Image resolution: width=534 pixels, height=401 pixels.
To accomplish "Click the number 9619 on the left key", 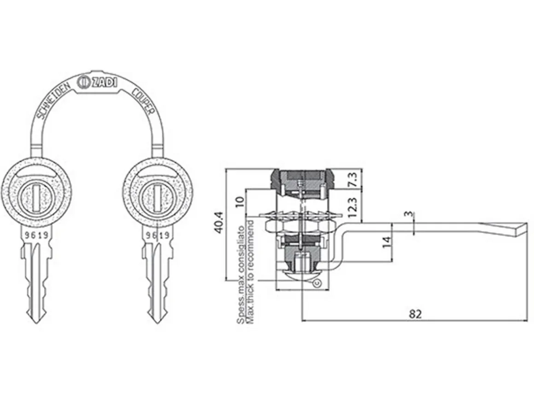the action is pyautogui.click(x=36, y=235).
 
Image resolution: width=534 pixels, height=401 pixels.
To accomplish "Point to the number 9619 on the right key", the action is pyautogui.click(x=157, y=235).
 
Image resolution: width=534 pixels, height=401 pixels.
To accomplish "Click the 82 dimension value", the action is pyautogui.click(x=415, y=314).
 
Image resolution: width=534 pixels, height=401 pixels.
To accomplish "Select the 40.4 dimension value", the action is pyautogui.click(x=219, y=223).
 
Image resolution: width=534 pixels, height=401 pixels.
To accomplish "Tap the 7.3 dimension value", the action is pyautogui.click(x=353, y=179).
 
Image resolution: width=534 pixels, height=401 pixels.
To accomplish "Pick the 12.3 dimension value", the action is pyautogui.click(x=353, y=208).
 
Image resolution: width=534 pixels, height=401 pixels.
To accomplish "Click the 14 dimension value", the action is pyautogui.click(x=386, y=242).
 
